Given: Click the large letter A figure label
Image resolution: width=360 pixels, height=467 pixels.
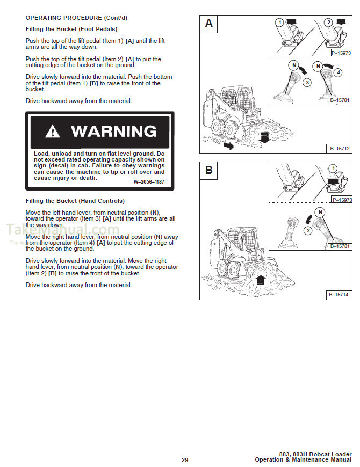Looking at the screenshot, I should pyautogui.click(x=209, y=23).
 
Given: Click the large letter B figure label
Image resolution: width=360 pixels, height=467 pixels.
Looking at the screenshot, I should pyautogui.click(x=209, y=171).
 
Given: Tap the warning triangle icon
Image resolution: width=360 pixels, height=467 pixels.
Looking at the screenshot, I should pyautogui.click(x=53, y=132).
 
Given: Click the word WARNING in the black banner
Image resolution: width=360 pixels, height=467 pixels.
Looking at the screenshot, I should pyautogui.click(x=113, y=132).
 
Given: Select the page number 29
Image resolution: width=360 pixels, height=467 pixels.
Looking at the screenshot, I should pyautogui.click(x=184, y=460).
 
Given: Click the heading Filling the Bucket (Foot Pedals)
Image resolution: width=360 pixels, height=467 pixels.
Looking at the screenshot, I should pyautogui.click(x=71, y=29).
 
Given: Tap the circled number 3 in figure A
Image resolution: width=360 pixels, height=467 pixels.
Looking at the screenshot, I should pyautogui.click(x=307, y=83).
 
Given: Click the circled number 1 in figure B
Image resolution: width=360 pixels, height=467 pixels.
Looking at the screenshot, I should pyautogui.click(x=333, y=168).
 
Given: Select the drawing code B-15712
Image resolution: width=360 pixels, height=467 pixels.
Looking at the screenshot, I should pyautogui.click(x=339, y=148).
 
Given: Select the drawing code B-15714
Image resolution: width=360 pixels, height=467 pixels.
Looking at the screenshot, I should pyautogui.click(x=339, y=295).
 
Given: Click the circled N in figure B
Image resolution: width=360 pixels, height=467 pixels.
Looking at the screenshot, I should pyautogui.click(x=320, y=212).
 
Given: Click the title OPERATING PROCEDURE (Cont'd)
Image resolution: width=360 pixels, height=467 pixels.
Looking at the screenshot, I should pyautogui.click(x=76, y=18).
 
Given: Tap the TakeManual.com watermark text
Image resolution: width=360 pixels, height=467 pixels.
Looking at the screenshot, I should pyautogui.click(x=62, y=231).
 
